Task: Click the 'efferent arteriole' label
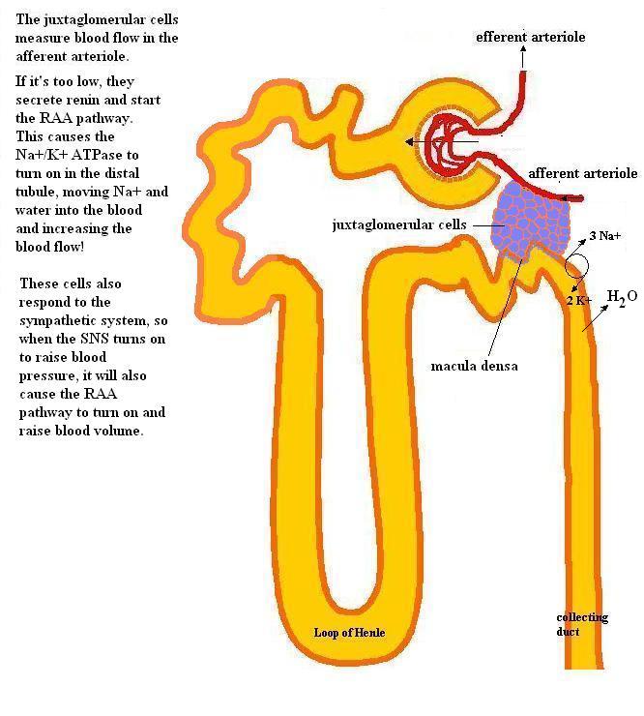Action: (x=530, y=37)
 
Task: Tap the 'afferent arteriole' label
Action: (x=583, y=173)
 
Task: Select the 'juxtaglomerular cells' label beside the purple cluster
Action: (x=399, y=224)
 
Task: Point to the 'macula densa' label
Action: (x=474, y=366)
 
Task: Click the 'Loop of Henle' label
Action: (x=349, y=633)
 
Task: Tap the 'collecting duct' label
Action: (x=582, y=624)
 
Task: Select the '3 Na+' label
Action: (x=604, y=236)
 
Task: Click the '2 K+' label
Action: (x=579, y=301)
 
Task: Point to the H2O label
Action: (x=622, y=298)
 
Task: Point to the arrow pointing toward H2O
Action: (x=595, y=317)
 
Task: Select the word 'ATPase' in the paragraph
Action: (x=97, y=155)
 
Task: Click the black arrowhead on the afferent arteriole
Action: (x=565, y=198)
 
